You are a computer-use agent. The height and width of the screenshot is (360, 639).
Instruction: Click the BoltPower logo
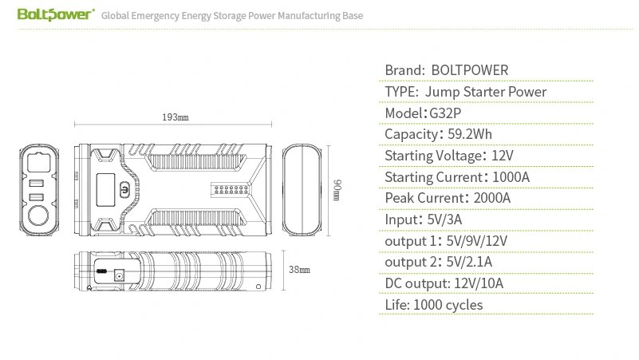(56, 14)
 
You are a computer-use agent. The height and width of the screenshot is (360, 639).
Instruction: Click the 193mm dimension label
(176, 117)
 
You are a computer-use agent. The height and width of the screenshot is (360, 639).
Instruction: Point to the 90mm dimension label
(337, 190)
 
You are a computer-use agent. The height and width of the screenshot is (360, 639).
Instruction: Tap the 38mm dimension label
(299, 270)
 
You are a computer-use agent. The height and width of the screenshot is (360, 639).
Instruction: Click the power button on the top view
(124, 190)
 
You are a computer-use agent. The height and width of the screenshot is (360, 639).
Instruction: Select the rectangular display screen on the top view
(105, 190)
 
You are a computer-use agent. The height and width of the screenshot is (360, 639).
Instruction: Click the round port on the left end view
(38, 216)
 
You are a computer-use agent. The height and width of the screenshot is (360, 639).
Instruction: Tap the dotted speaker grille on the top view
(231, 190)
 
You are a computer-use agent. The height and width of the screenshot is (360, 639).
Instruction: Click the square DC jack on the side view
(119, 276)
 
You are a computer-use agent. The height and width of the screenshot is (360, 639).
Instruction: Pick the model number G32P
(445, 113)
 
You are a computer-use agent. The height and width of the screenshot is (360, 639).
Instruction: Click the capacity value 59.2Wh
(469, 134)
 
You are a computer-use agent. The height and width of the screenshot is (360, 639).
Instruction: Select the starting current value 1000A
(511, 177)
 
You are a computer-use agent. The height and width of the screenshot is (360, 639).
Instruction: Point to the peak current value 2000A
(492, 198)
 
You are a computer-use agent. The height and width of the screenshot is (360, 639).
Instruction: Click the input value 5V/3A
(444, 220)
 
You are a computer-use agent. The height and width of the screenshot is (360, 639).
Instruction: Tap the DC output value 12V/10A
(479, 283)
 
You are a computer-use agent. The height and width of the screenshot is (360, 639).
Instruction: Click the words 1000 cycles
(448, 305)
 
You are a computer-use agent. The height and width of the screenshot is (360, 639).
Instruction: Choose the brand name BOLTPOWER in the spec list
(469, 70)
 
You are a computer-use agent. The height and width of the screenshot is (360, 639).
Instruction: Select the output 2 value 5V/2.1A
(469, 262)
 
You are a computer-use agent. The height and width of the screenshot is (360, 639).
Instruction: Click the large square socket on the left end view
(39, 163)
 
